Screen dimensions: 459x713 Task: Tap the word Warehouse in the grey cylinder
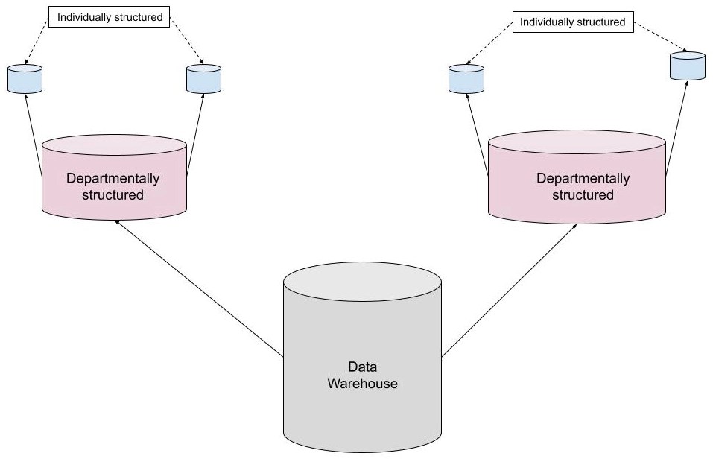[363, 384]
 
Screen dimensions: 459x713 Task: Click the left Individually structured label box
[115, 17]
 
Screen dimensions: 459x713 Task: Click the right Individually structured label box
[572, 22]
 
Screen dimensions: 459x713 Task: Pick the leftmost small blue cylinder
[25, 79]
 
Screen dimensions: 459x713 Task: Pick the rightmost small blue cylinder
[687, 66]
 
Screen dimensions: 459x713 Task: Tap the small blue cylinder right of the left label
[203, 78]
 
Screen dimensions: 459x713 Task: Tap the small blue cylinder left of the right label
[466, 79]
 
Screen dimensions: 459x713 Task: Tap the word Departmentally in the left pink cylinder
[113, 179]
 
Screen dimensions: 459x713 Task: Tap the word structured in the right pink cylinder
[583, 195]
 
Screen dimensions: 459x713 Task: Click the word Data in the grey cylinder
[362, 367]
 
